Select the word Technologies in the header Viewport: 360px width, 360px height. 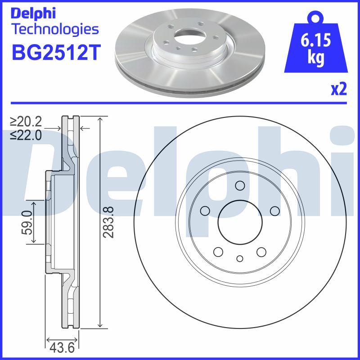[55, 30]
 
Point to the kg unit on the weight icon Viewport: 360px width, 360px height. [315, 59]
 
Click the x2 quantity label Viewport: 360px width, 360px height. [339, 90]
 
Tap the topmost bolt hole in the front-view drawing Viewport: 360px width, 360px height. [239, 185]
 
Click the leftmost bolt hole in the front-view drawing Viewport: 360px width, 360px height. [205, 210]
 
